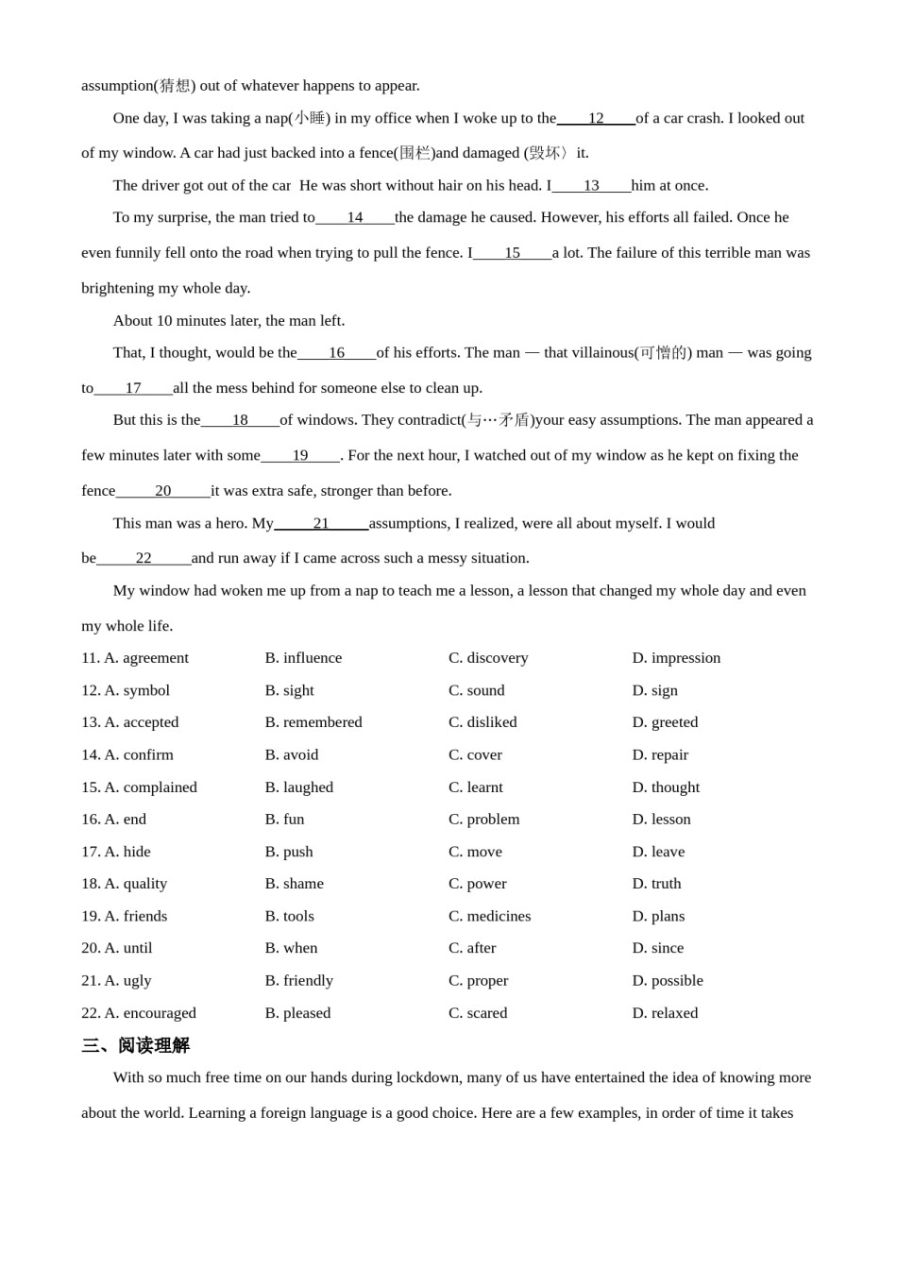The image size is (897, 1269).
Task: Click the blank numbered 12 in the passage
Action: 596,118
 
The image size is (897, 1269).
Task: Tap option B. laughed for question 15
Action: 299,787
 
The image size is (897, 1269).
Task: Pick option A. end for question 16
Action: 125,819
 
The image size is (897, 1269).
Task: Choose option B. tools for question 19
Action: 290,916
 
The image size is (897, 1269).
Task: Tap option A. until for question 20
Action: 127,948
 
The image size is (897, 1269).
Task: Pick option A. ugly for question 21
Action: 127,980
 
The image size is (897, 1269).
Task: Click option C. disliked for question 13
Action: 482,722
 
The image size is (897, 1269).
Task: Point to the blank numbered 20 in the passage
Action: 163,491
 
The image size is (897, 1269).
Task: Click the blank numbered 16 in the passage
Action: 336,353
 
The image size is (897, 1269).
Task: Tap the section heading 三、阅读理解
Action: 136,1045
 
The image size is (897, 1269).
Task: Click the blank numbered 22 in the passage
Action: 144,558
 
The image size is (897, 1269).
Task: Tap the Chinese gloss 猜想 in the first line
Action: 175,86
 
